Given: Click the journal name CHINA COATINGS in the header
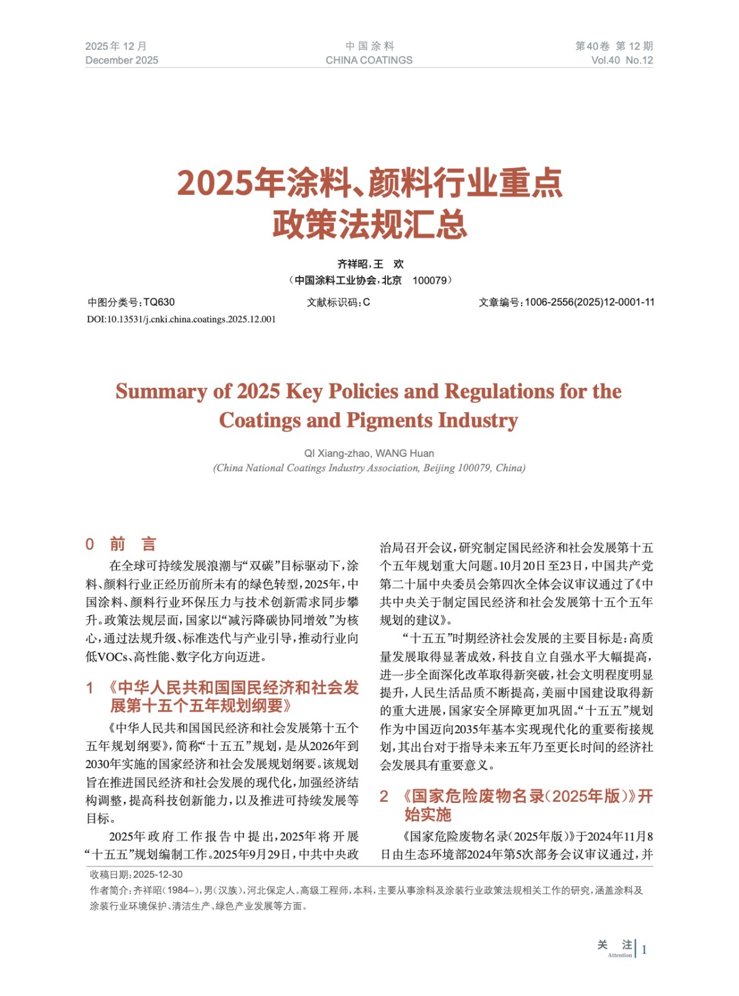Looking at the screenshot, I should click(369, 60).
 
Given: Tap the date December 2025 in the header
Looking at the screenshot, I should click(121, 60).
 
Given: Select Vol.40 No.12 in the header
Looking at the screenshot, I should click(621, 60).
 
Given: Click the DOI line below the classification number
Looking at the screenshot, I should click(181, 319).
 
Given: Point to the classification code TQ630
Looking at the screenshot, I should click(159, 303).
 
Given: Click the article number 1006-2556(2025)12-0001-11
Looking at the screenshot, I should click(589, 303).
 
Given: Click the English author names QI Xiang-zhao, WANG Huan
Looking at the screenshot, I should click(369, 453).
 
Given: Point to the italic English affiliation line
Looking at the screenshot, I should click(369, 468).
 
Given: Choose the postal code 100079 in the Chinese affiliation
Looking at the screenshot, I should click(430, 281).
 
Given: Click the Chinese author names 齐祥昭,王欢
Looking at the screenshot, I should click(370, 264).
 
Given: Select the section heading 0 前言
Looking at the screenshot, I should click(121, 544).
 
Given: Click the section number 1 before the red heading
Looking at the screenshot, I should click(90, 688).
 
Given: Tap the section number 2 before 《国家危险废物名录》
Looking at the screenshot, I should click(384, 796).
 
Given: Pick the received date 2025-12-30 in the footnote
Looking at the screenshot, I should click(158, 875).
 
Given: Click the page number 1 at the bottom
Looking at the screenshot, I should click(644, 949).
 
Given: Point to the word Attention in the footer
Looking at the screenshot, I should click(619, 955).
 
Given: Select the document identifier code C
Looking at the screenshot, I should click(367, 303).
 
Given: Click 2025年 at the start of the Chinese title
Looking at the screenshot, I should click(230, 183).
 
